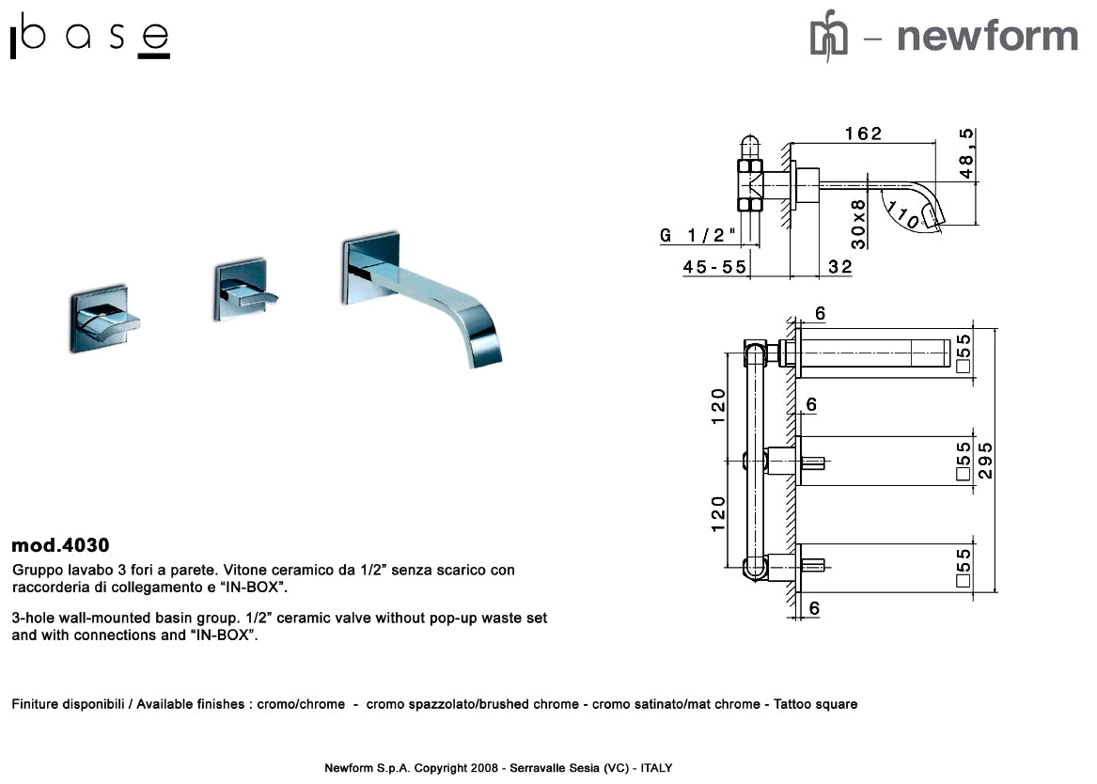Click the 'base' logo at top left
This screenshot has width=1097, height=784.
[90, 39]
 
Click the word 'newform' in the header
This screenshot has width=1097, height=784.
[986, 37]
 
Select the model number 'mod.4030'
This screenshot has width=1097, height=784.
[60, 545]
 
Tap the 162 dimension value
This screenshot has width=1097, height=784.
[863, 133]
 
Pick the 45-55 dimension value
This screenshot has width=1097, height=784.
[714, 267]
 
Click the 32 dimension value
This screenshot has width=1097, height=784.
[839, 267]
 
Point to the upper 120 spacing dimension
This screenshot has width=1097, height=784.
[718, 407]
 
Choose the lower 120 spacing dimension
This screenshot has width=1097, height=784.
[718, 515]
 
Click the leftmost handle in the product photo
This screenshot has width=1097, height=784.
[102, 321]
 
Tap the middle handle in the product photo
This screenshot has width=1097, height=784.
[245, 292]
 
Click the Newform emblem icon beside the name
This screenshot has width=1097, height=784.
[828, 36]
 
